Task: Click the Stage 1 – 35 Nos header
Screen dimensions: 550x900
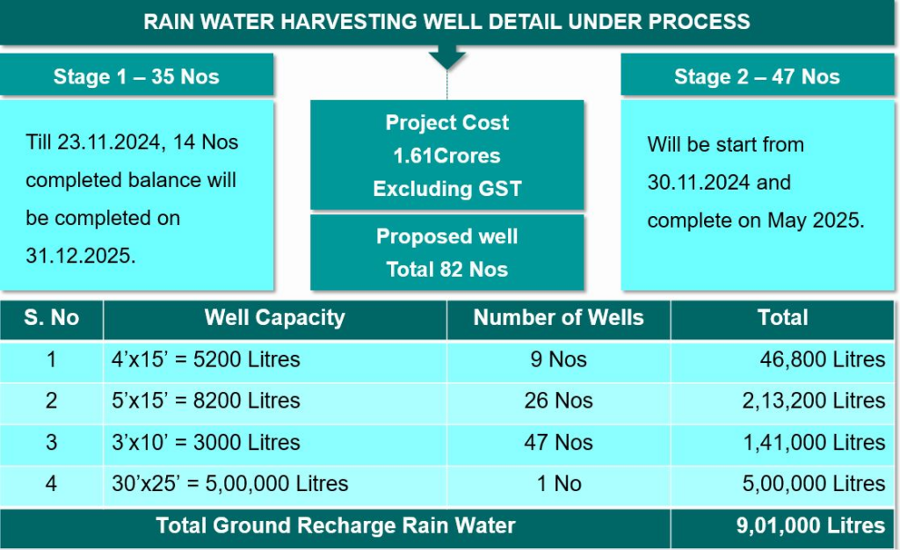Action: pyautogui.click(x=136, y=76)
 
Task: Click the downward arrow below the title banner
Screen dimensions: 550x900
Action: pyautogui.click(x=447, y=59)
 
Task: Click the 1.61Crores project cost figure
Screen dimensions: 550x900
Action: pyautogui.click(x=446, y=156)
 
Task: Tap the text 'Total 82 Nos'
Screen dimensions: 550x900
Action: pyautogui.click(x=446, y=270)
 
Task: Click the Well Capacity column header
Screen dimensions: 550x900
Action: pyautogui.click(x=274, y=318)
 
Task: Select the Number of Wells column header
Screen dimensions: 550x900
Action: pyautogui.click(x=558, y=318)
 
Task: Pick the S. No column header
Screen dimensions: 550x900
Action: pyautogui.click(x=51, y=318)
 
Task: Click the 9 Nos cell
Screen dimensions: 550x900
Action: pyautogui.click(x=558, y=359)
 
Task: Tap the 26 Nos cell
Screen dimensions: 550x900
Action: pyautogui.click(x=558, y=401)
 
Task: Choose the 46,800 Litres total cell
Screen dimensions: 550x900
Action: pyautogui.click(x=822, y=359)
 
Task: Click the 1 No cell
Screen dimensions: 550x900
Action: pyautogui.click(x=558, y=483)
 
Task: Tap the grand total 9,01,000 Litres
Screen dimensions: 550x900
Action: pyautogui.click(x=810, y=526)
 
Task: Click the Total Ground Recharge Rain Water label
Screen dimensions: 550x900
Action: pyautogui.click(x=335, y=526)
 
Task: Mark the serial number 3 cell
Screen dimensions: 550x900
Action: pyautogui.click(x=51, y=442)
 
